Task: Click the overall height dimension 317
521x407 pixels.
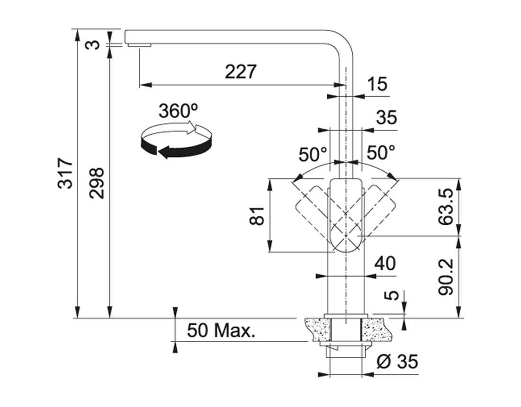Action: tap(67, 173)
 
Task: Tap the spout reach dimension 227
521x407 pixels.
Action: tap(240, 72)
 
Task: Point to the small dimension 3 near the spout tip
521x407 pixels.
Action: tap(94, 44)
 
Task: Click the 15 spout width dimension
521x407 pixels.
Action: tap(377, 84)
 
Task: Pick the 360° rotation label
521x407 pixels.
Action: tap(178, 111)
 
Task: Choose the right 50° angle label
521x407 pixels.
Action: tap(381, 153)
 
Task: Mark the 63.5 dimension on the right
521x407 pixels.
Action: tap(446, 207)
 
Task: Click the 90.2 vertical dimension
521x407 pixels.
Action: tap(446, 277)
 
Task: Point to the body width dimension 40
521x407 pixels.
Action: tap(384, 264)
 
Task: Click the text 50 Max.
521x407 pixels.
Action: tap(221, 330)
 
